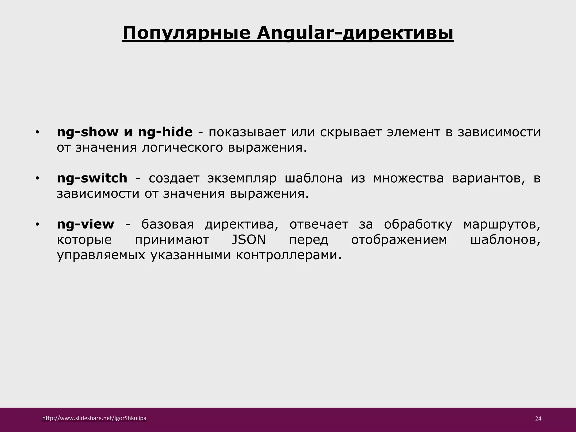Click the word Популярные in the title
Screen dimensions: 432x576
pos(186,33)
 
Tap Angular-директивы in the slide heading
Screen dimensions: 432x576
pos(355,33)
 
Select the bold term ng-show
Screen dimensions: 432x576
pos(87,132)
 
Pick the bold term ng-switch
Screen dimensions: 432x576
pos(92,178)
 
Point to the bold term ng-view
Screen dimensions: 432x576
pos(85,224)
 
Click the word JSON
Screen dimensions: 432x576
pos(249,240)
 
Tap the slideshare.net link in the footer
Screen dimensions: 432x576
pos(94,418)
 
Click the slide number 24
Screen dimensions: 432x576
pos(538,418)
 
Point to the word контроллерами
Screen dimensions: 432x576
pos(289,255)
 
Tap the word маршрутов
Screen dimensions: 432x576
pos(501,224)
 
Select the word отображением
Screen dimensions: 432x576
pos(399,240)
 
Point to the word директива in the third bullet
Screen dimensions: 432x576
pos(241,224)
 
